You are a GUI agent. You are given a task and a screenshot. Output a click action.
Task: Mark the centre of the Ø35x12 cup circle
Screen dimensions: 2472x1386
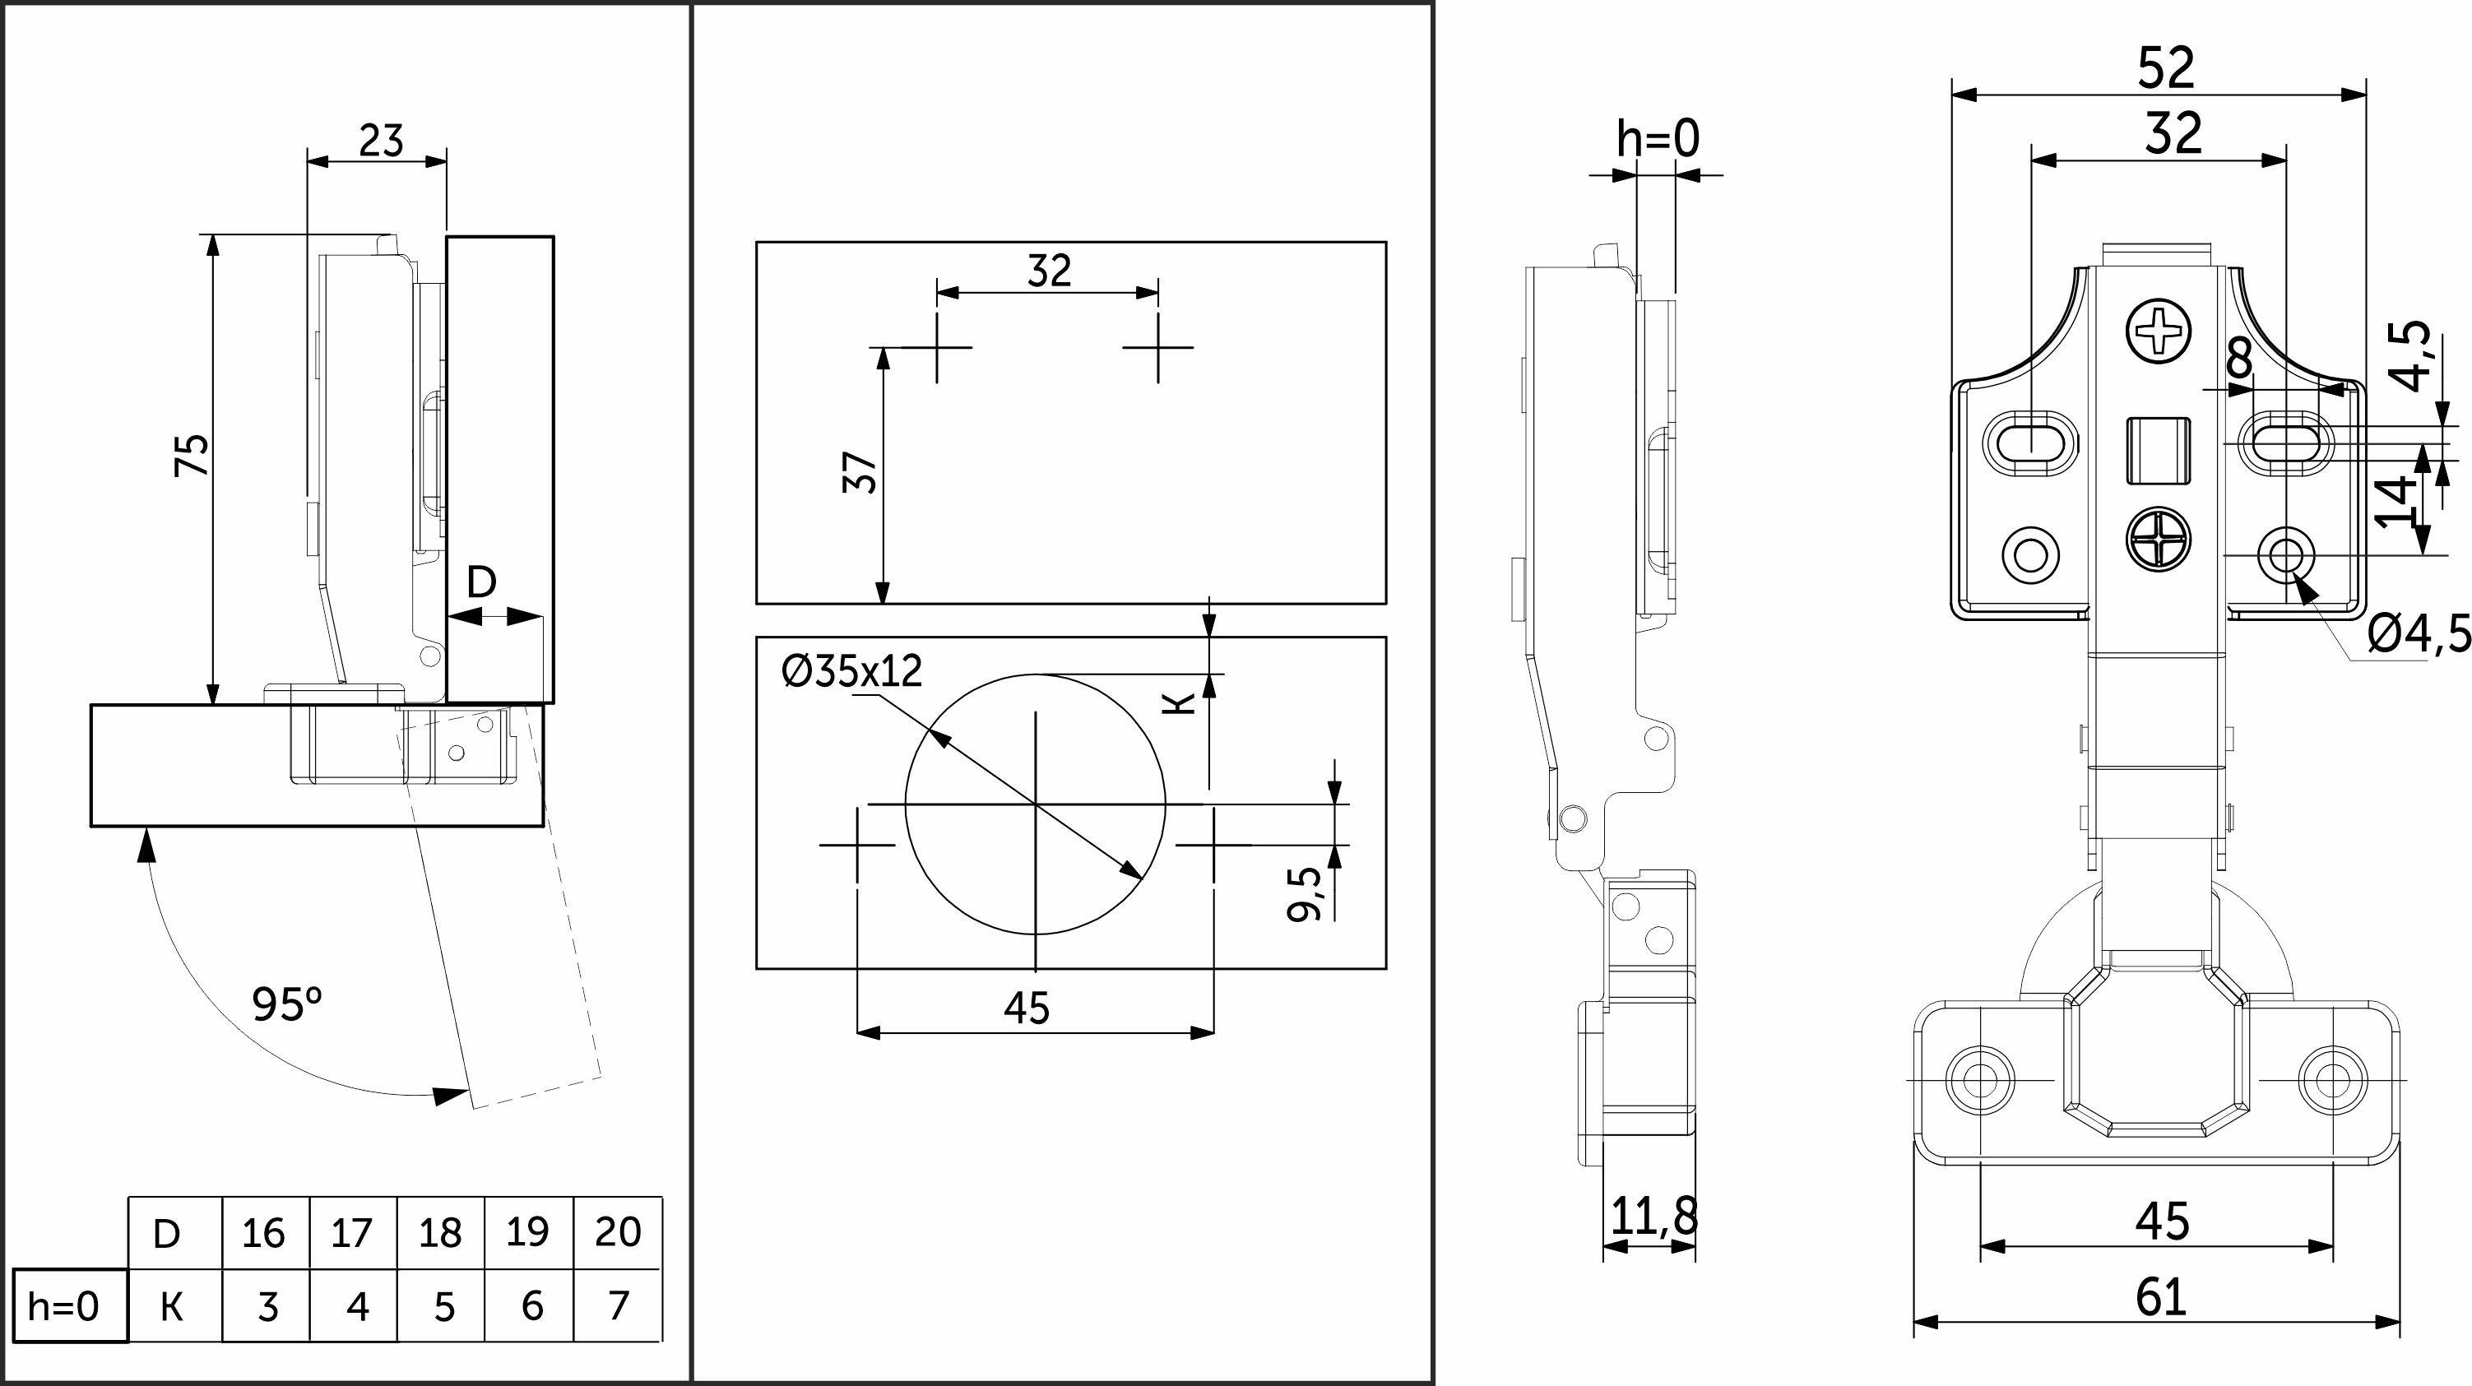(x=1036, y=804)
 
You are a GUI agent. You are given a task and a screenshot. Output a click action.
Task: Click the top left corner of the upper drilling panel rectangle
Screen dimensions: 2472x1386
(x=757, y=242)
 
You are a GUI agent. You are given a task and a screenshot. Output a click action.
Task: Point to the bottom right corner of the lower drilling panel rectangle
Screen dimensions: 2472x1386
(x=1385, y=968)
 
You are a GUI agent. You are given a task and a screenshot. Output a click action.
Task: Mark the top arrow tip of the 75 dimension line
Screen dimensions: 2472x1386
(x=213, y=234)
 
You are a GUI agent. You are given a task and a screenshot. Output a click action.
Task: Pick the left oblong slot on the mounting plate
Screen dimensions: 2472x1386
(x=2029, y=443)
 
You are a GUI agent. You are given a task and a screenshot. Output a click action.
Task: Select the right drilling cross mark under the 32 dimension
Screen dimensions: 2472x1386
(x=1158, y=346)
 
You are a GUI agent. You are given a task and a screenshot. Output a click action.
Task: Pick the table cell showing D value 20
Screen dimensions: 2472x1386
(x=618, y=1232)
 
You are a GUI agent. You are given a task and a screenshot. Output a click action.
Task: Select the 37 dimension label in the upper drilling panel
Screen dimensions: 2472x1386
(x=860, y=472)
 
